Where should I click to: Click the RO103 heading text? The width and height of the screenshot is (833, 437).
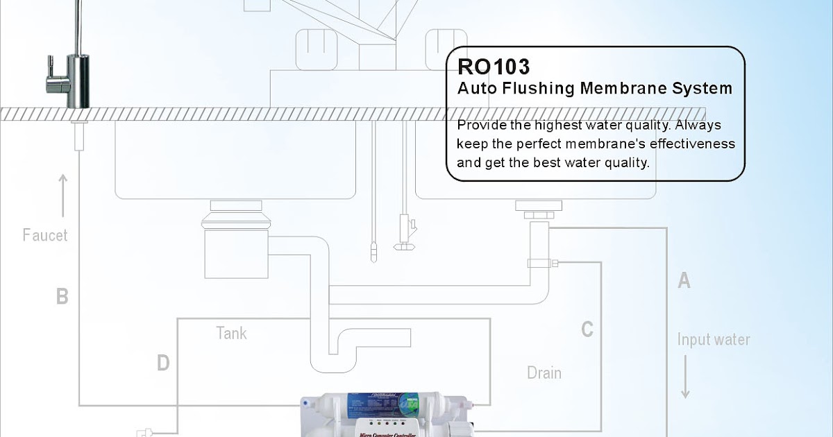494,67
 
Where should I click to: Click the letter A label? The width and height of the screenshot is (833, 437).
684,280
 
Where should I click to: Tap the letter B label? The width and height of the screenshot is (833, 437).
62,297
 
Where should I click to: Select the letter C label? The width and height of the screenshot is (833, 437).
587,329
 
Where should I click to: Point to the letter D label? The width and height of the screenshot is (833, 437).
162,363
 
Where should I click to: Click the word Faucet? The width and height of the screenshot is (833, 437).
45,235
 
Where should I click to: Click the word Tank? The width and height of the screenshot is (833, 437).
231,334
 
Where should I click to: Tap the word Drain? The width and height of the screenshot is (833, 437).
544,373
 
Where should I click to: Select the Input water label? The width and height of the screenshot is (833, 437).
714,340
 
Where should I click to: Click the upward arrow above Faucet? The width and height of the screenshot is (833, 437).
63,196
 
